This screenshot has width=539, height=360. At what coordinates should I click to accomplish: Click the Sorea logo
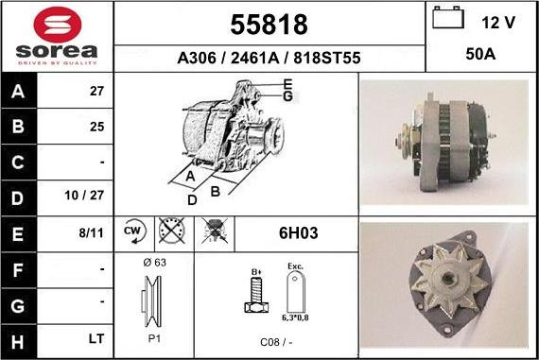click(57, 37)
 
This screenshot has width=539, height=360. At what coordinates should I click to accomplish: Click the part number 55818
click(269, 24)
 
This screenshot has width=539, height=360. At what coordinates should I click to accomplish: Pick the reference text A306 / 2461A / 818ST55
click(269, 59)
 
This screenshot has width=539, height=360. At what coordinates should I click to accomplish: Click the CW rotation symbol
click(132, 231)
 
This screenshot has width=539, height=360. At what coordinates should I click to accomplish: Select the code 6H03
click(296, 232)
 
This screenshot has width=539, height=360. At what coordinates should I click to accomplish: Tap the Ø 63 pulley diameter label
click(154, 263)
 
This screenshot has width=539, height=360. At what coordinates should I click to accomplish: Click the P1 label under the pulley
click(154, 337)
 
